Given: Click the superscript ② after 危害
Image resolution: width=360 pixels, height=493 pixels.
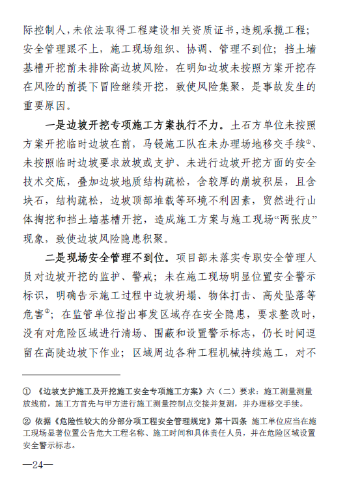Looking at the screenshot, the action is (x=48, y=311).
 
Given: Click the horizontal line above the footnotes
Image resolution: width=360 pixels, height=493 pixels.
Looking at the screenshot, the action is (x=71, y=375).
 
